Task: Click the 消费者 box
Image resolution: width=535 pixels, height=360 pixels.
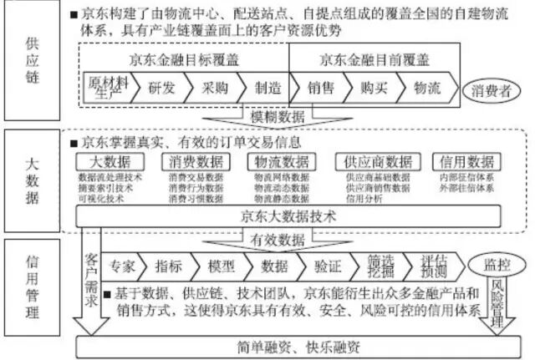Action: tap(492, 89)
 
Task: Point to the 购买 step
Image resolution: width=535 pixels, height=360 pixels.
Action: tap(371, 87)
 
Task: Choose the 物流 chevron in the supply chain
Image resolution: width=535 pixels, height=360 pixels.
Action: tap(426, 87)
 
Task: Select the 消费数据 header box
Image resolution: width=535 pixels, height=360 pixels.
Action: tap(196, 161)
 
